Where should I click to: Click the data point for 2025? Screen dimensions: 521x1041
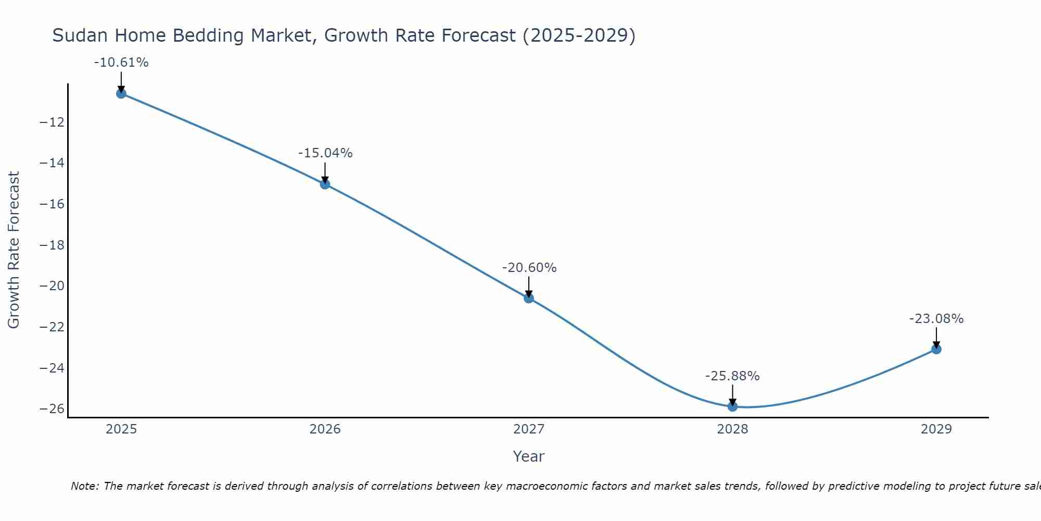click(x=121, y=94)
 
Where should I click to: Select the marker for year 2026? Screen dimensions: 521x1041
click(x=325, y=184)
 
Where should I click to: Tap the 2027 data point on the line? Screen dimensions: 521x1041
click(x=529, y=298)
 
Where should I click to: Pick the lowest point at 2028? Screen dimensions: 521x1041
click(x=732, y=406)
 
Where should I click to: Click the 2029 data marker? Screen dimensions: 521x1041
click(x=936, y=349)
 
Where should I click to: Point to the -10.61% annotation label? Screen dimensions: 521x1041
click(x=121, y=63)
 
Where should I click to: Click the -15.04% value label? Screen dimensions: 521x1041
click(x=325, y=153)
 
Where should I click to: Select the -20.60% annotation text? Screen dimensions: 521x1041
click(x=529, y=268)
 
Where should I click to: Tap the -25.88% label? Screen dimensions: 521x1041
click(x=732, y=376)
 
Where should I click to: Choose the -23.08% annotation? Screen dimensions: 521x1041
click(x=936, y=319)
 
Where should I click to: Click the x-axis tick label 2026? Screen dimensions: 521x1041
click(x=325, y=429)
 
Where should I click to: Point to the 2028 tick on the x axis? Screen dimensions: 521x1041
click(x=732, y=429)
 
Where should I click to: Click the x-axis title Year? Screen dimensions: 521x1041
click(x=528, y=456)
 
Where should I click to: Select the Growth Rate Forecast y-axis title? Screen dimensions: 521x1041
click(x=14, y=250)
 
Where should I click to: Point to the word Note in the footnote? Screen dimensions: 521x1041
click(x=84, y=486)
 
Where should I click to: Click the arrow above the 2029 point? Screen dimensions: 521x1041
click(x=936, y=338)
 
